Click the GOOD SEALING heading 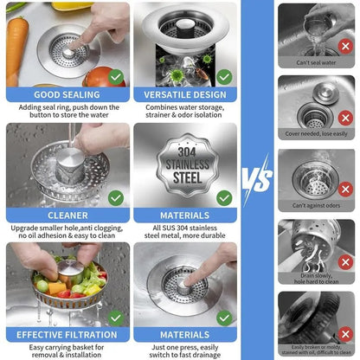[67, 94]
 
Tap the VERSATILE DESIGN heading [185, 94]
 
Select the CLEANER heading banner [67, 215]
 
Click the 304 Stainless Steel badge [184, 164]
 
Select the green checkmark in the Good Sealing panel [116, 76]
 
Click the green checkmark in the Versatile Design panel [224, 76]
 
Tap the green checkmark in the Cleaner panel [116, 197]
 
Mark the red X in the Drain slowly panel [345, 261]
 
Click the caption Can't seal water [317, 62]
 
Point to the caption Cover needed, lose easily [317, 134]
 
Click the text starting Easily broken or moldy [317, 349]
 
